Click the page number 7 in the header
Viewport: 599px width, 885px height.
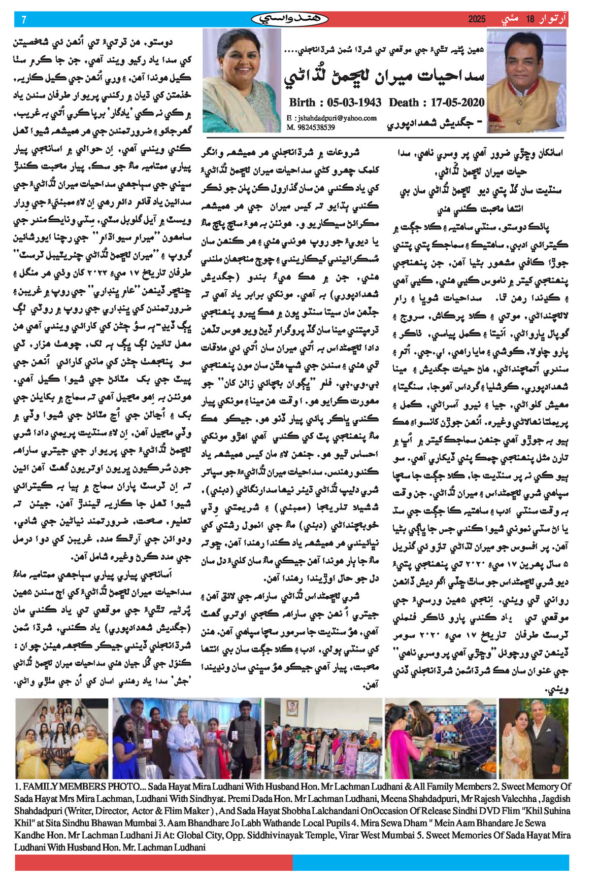click(x=24, y=20)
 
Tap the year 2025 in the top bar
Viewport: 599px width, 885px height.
click(x=477, y=19)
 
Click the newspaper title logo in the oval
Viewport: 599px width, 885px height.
click(x=290, y=19)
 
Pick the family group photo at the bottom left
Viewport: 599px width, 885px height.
click(x=61, y=738)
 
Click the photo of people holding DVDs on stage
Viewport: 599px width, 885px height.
click(x=186, y=738)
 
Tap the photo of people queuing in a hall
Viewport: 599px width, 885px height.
click(x=323, y=738)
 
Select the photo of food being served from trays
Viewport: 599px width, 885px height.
click(x=441, y=738)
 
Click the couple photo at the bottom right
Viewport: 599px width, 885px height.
click(x=534, y=738)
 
